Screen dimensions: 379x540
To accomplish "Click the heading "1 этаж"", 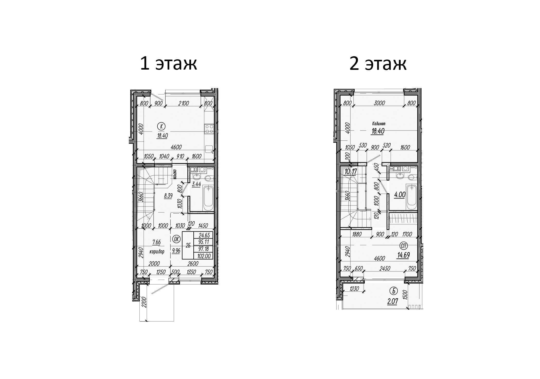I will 168,64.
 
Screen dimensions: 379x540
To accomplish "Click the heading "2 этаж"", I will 378,64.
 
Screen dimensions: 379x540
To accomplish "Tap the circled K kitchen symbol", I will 161,126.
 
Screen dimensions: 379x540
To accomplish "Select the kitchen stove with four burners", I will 209,129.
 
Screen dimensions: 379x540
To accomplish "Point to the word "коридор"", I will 157,252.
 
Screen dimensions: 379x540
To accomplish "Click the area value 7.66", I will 156,242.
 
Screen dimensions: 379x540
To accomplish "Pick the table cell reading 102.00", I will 204,256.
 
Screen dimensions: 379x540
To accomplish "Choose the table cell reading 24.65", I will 204,235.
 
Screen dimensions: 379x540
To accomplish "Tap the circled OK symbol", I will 176,239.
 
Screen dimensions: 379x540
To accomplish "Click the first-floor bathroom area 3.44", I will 196,184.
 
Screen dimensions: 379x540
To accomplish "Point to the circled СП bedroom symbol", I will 403,246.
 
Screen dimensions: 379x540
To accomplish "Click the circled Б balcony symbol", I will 393,291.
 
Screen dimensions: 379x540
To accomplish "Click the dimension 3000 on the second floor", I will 379,103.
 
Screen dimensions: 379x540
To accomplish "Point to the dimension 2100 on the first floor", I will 184,103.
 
